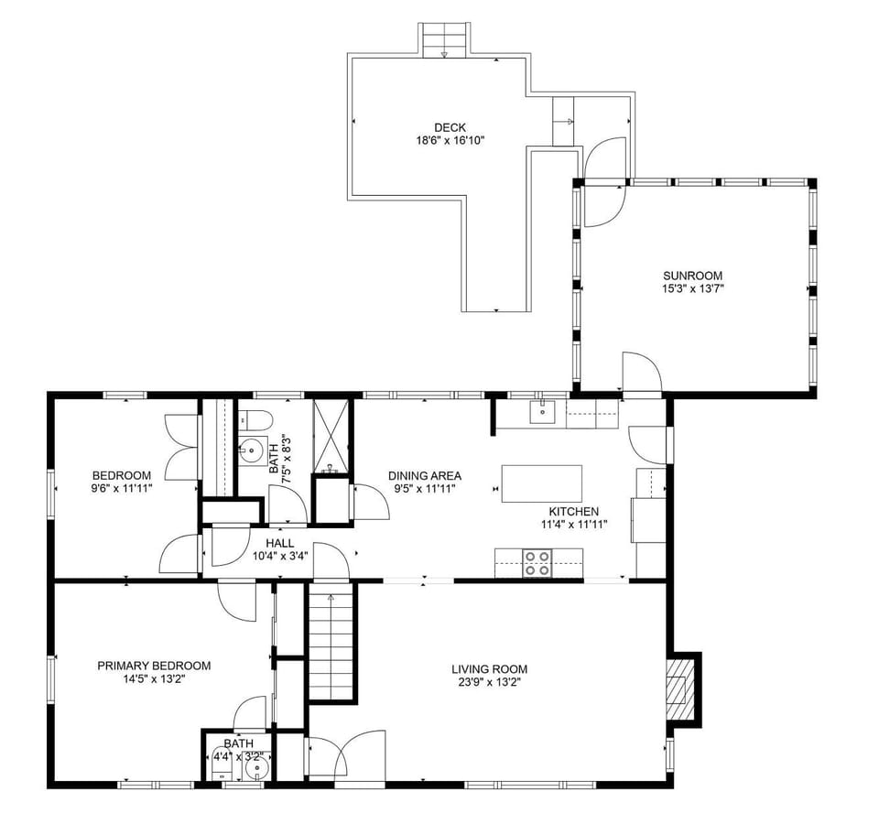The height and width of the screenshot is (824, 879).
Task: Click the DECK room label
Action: (x=450, y=127)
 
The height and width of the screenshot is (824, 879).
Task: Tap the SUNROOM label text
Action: (x=692, y=275)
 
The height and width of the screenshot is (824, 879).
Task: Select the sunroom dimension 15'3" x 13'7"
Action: (x=692, y=288)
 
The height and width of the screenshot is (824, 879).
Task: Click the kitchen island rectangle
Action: (x=541, y=483)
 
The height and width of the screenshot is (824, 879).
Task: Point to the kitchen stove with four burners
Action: (x=537, y=563)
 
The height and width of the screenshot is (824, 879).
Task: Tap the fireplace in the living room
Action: (x=679, y=688)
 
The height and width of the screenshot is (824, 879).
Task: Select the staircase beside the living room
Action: (x=331, y=644)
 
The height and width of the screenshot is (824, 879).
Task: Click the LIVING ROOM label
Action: (x=489, y=668)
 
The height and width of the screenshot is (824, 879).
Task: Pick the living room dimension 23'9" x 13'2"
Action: (x=489, y=682)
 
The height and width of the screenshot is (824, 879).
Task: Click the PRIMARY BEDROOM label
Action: (x=154, y=666)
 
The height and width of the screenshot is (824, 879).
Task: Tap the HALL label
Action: (x=280, y=542)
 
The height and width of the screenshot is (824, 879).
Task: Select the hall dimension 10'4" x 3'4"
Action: (x=280, y=555)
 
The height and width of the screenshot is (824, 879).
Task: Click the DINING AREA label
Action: (x=424, y=475)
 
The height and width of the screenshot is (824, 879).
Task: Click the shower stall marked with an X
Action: (x=331, y=435)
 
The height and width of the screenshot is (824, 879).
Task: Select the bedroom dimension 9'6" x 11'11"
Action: (x=122, y=489)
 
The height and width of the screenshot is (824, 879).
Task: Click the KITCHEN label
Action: (x=574, y=511)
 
